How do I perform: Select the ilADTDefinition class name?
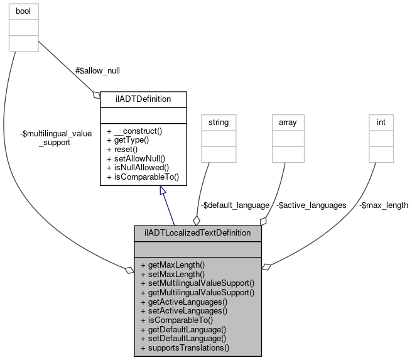(x=144, y=99)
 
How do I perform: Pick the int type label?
(x=381, y=121)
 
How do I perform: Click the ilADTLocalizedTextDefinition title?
(x=197, y=233)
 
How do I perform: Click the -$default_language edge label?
(x=235, y=205)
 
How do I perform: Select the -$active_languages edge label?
(x=312, y=205)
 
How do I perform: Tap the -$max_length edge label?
(x=383, y=205)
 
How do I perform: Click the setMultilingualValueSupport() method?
(x=197, y=283)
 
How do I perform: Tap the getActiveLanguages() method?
(x=183, y=302)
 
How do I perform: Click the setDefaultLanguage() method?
(x=183, y=338)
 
